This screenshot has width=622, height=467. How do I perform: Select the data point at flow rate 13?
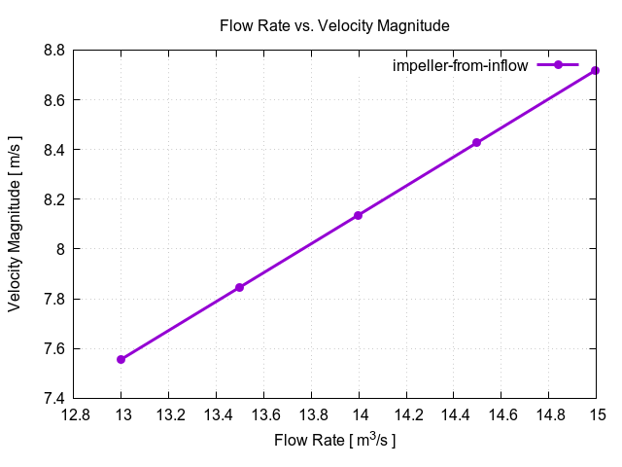[x=121, y=359]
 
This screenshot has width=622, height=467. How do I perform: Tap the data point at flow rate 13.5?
[x=240, y=287]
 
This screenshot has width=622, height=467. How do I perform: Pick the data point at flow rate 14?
[x=359, y=215]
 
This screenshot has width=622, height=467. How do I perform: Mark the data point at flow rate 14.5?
[x=477, y=143]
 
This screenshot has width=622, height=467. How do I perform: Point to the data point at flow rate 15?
[x=596, y=70]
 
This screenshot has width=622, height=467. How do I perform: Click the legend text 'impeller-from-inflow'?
[x=460, y=66]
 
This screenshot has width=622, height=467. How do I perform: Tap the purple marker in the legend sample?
[x=558, y=65]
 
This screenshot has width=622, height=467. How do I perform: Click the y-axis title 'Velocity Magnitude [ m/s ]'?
[x=16, y=224]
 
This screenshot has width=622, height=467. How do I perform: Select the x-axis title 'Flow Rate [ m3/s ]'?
[x=335, y=441]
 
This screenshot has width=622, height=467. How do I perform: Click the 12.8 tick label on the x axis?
[x=74, y=415]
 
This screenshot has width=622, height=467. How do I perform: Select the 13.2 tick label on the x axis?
[x=169, y=415]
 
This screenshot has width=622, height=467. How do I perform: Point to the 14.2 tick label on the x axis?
[x=406, y=415]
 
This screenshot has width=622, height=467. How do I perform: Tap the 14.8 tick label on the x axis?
[x=549, y=415]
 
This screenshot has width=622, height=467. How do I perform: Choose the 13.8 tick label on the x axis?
[x=311, y=415]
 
